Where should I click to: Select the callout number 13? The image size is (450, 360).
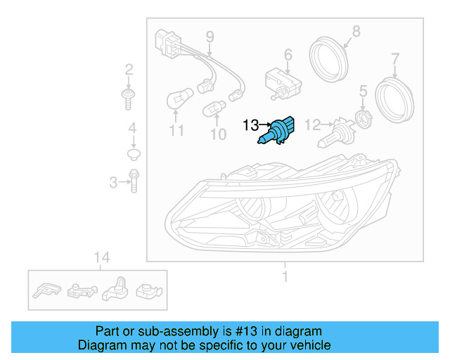(250, 126)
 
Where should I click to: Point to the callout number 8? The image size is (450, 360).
(356, 31)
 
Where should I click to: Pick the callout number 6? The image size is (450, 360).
(288, 54)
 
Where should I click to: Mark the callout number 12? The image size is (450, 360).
(312, 124)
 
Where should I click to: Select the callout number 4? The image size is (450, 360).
(131, 129)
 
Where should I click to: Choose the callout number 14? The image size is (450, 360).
(102, 257)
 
